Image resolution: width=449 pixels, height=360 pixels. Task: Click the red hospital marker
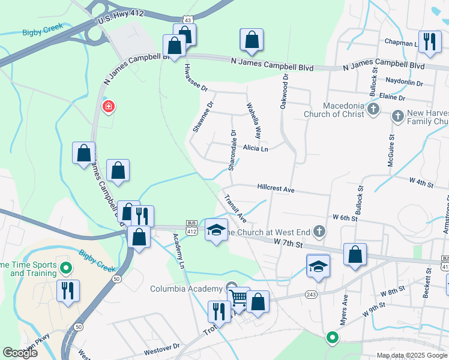click(x=109, y=107)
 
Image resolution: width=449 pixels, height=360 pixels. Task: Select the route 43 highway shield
click(x=188, y=20)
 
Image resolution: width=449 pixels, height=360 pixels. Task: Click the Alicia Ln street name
click(x=255, y=148)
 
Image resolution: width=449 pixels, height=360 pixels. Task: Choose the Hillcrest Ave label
click(x=276, y=189)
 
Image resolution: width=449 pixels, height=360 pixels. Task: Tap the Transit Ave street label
click(x=235, y=208)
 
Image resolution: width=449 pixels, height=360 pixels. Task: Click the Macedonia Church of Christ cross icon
click(x=373, y=109)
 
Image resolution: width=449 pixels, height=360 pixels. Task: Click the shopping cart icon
click(x=238, y=298)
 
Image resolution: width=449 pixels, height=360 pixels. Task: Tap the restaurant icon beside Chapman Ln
click(x=429, y=41)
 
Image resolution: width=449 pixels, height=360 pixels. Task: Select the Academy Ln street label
click(x=178, y=250)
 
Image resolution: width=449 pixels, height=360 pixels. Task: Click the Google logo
click(x=20, y=353)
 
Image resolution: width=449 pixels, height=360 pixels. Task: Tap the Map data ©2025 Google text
click(x=411, y=355)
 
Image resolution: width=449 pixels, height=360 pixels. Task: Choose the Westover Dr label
click(x=160, y=347)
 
